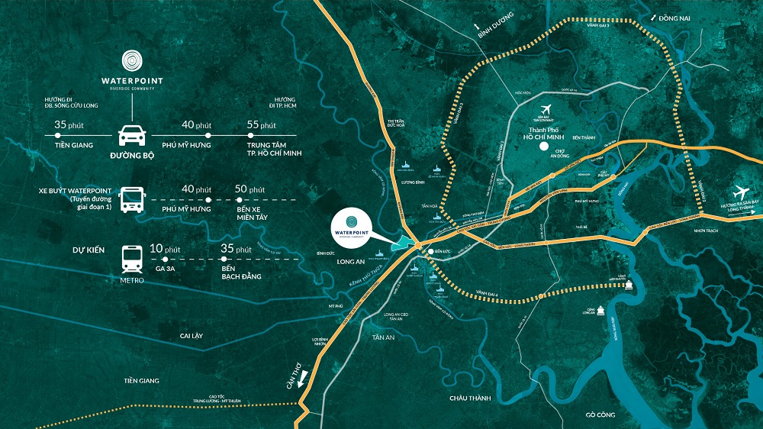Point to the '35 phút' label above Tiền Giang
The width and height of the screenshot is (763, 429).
[x=69, y=124]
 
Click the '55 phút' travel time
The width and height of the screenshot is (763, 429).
[x=262, y=124]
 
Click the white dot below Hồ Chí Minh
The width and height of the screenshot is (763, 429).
[x=543, y=146]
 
